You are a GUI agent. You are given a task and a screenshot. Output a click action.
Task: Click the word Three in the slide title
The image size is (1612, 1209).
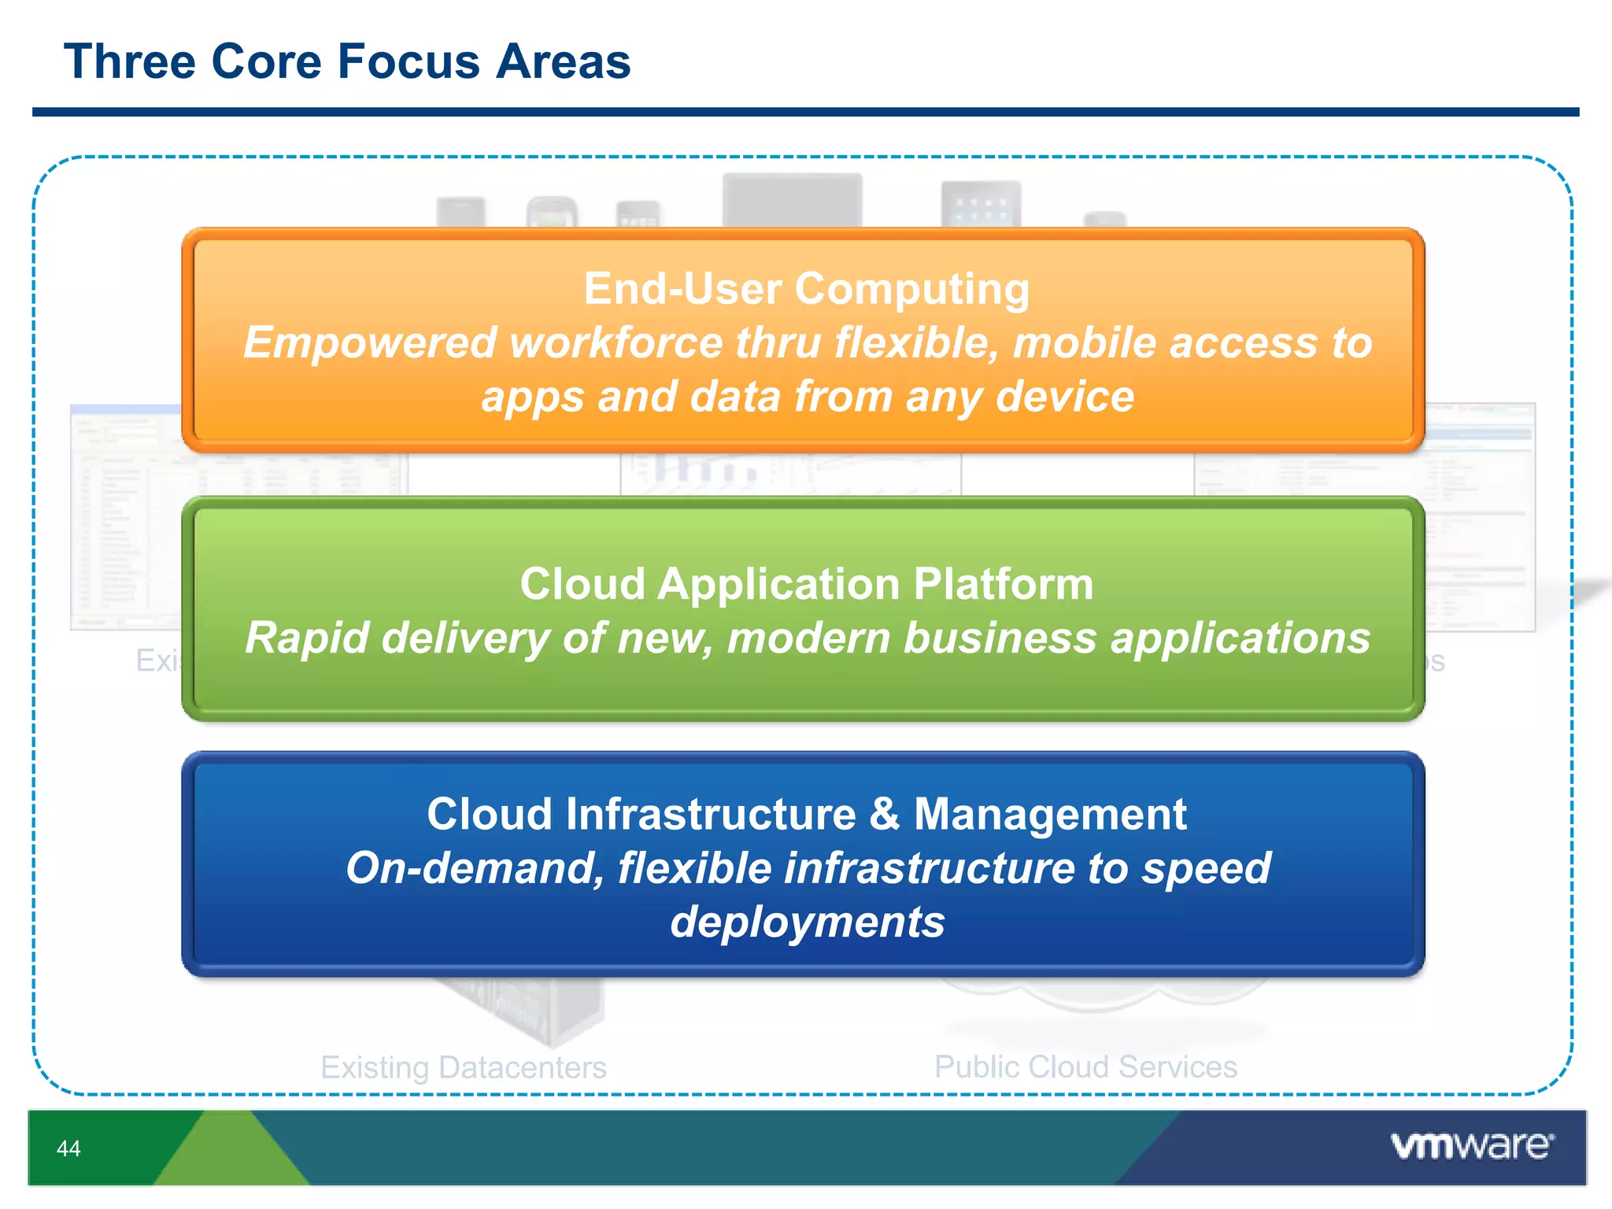[129, 61]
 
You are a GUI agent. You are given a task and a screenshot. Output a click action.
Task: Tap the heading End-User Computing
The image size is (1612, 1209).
[806, 289]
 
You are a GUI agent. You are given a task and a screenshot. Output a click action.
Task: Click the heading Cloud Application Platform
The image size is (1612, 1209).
[806, 584]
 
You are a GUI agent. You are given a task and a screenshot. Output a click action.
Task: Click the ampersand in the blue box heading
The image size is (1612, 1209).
[884, 814]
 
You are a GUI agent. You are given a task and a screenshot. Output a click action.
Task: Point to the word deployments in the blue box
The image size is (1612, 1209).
[807, 922]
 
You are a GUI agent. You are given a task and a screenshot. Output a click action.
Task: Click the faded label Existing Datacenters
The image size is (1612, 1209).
[463, 1067]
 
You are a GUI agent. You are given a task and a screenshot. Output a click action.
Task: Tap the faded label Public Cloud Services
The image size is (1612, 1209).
[1085, 1067]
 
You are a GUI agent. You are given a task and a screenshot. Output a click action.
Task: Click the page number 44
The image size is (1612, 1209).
[68, 1148]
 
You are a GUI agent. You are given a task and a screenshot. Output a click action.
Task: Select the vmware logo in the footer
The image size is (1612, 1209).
[1471, 1145]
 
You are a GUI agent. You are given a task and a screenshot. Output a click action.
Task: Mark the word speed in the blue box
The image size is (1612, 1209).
[1206, 868]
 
